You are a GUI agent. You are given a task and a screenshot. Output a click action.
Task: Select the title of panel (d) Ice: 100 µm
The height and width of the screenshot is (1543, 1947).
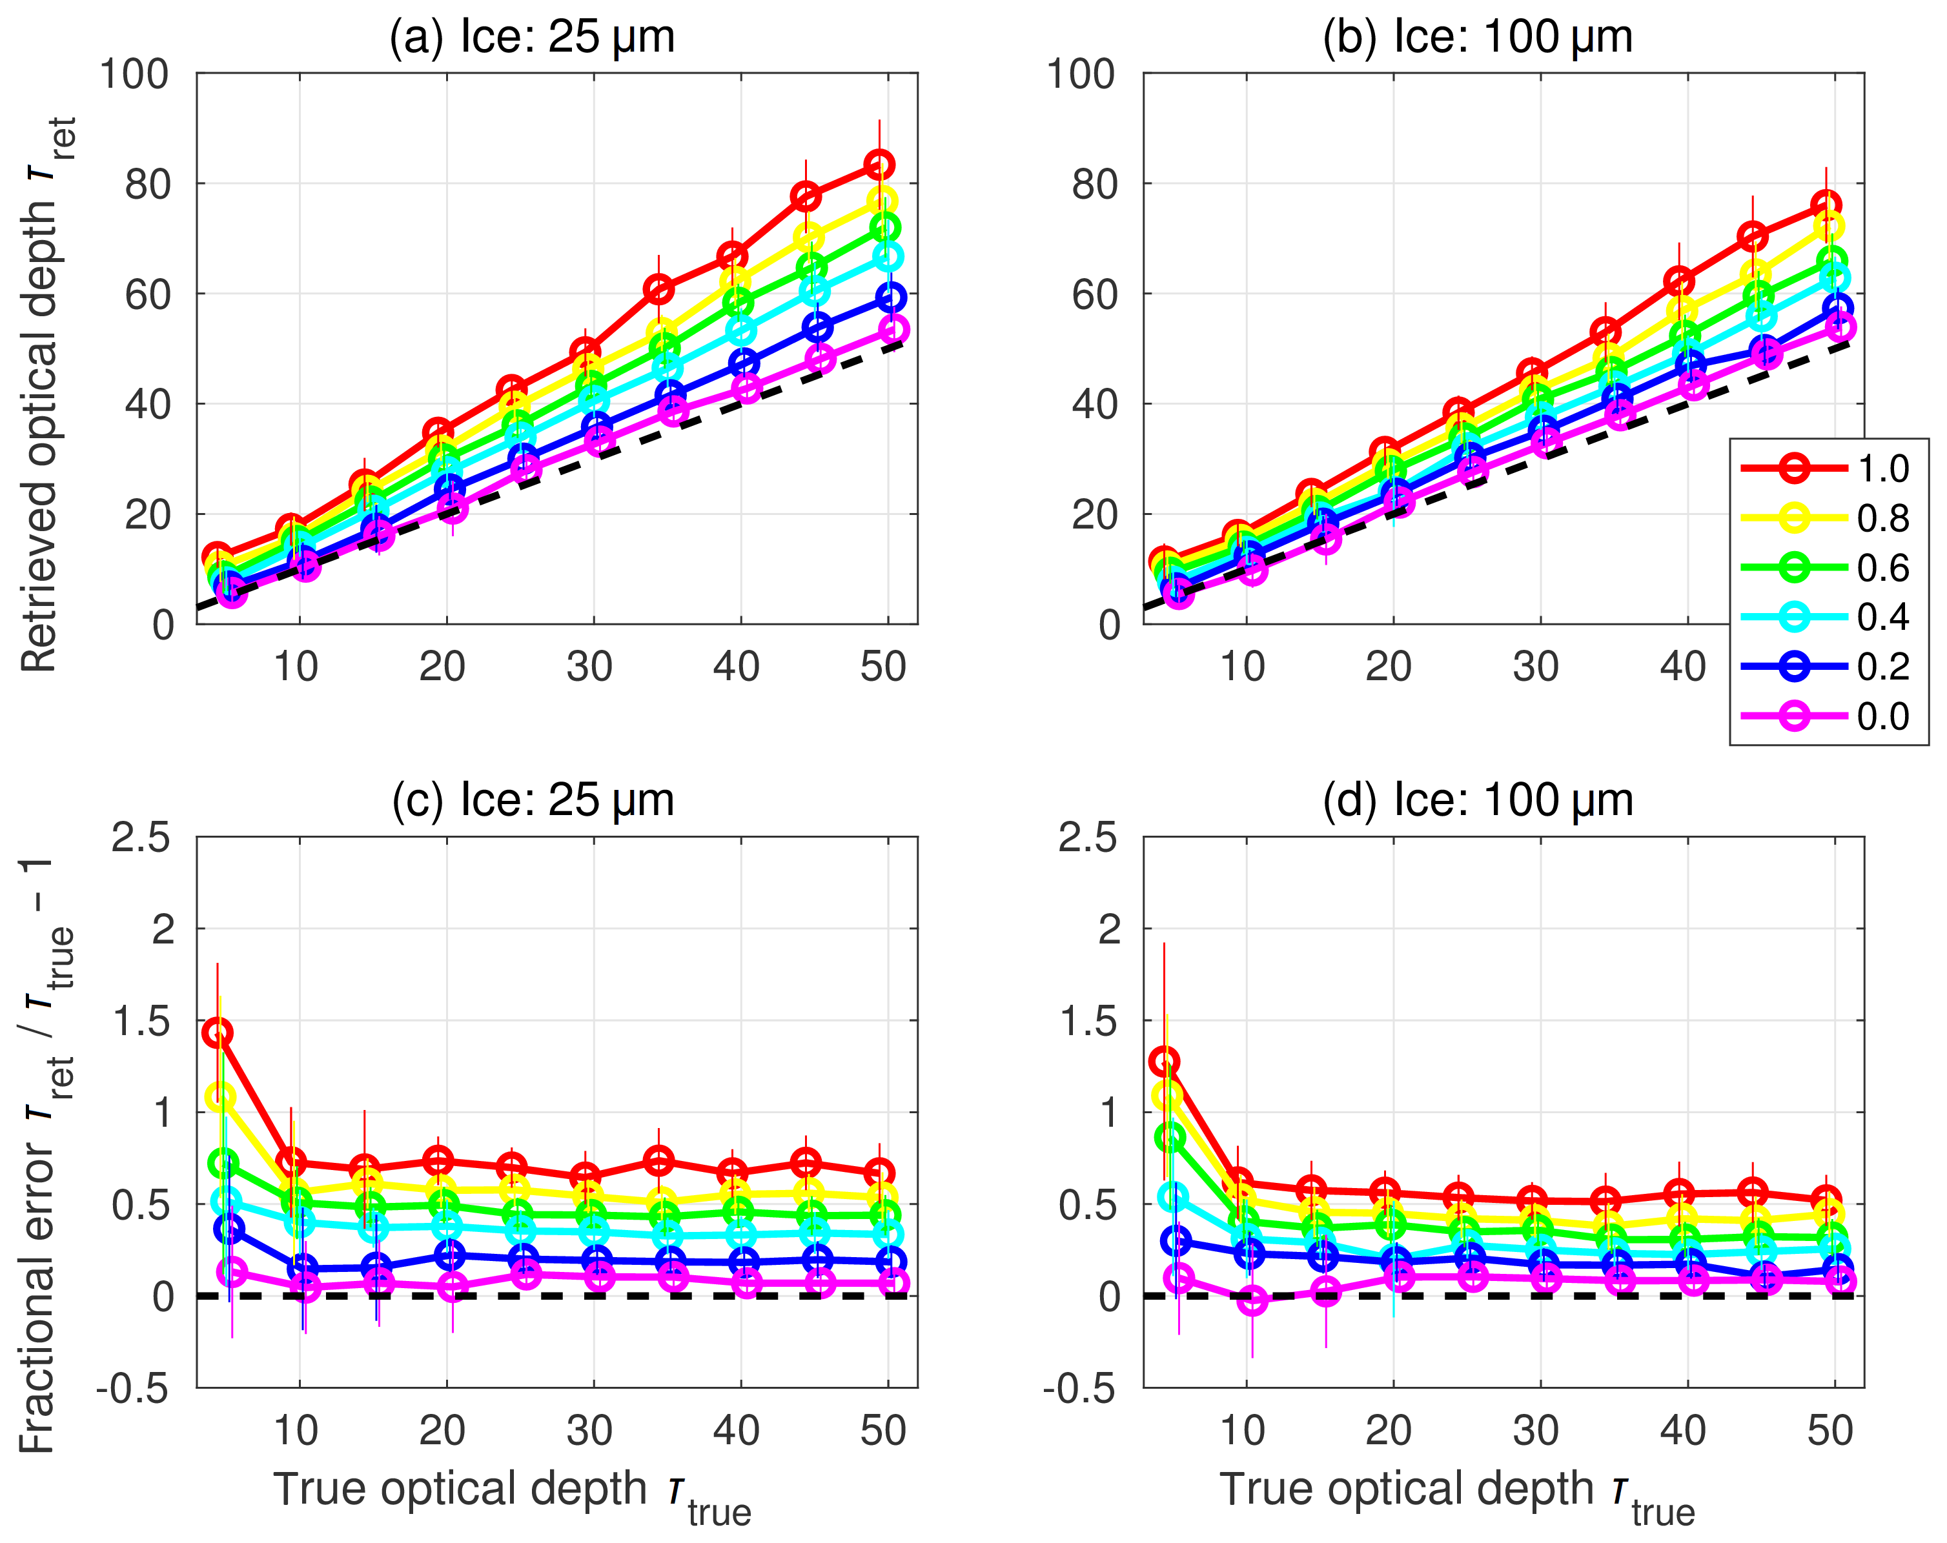click(x=1478, y=801)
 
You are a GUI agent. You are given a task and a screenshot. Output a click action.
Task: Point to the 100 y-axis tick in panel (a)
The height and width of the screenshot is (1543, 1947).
click(x=134, y=74)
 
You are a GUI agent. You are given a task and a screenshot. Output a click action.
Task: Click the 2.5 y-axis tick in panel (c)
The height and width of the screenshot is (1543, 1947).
click(x=141, y=838)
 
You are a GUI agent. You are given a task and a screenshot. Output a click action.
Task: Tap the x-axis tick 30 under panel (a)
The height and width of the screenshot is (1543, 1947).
click(x=589, y=667)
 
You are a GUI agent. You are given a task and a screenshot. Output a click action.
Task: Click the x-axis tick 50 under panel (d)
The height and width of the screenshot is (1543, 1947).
click(x=1830, y=1431)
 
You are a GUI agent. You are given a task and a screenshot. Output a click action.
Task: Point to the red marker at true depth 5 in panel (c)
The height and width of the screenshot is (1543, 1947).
click(x=218, y=1033)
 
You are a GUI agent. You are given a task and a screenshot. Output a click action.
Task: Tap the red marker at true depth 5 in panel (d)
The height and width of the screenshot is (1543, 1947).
click(x=1165, y=1061)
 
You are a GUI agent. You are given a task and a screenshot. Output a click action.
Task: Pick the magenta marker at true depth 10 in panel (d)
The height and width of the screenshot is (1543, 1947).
click(x=1252, y=1300)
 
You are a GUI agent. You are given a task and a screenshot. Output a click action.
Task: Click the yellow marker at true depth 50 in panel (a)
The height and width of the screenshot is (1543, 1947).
click(x=882, y=201)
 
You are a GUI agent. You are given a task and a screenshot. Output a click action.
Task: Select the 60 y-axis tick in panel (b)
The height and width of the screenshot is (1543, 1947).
click(x=1094, y=294)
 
